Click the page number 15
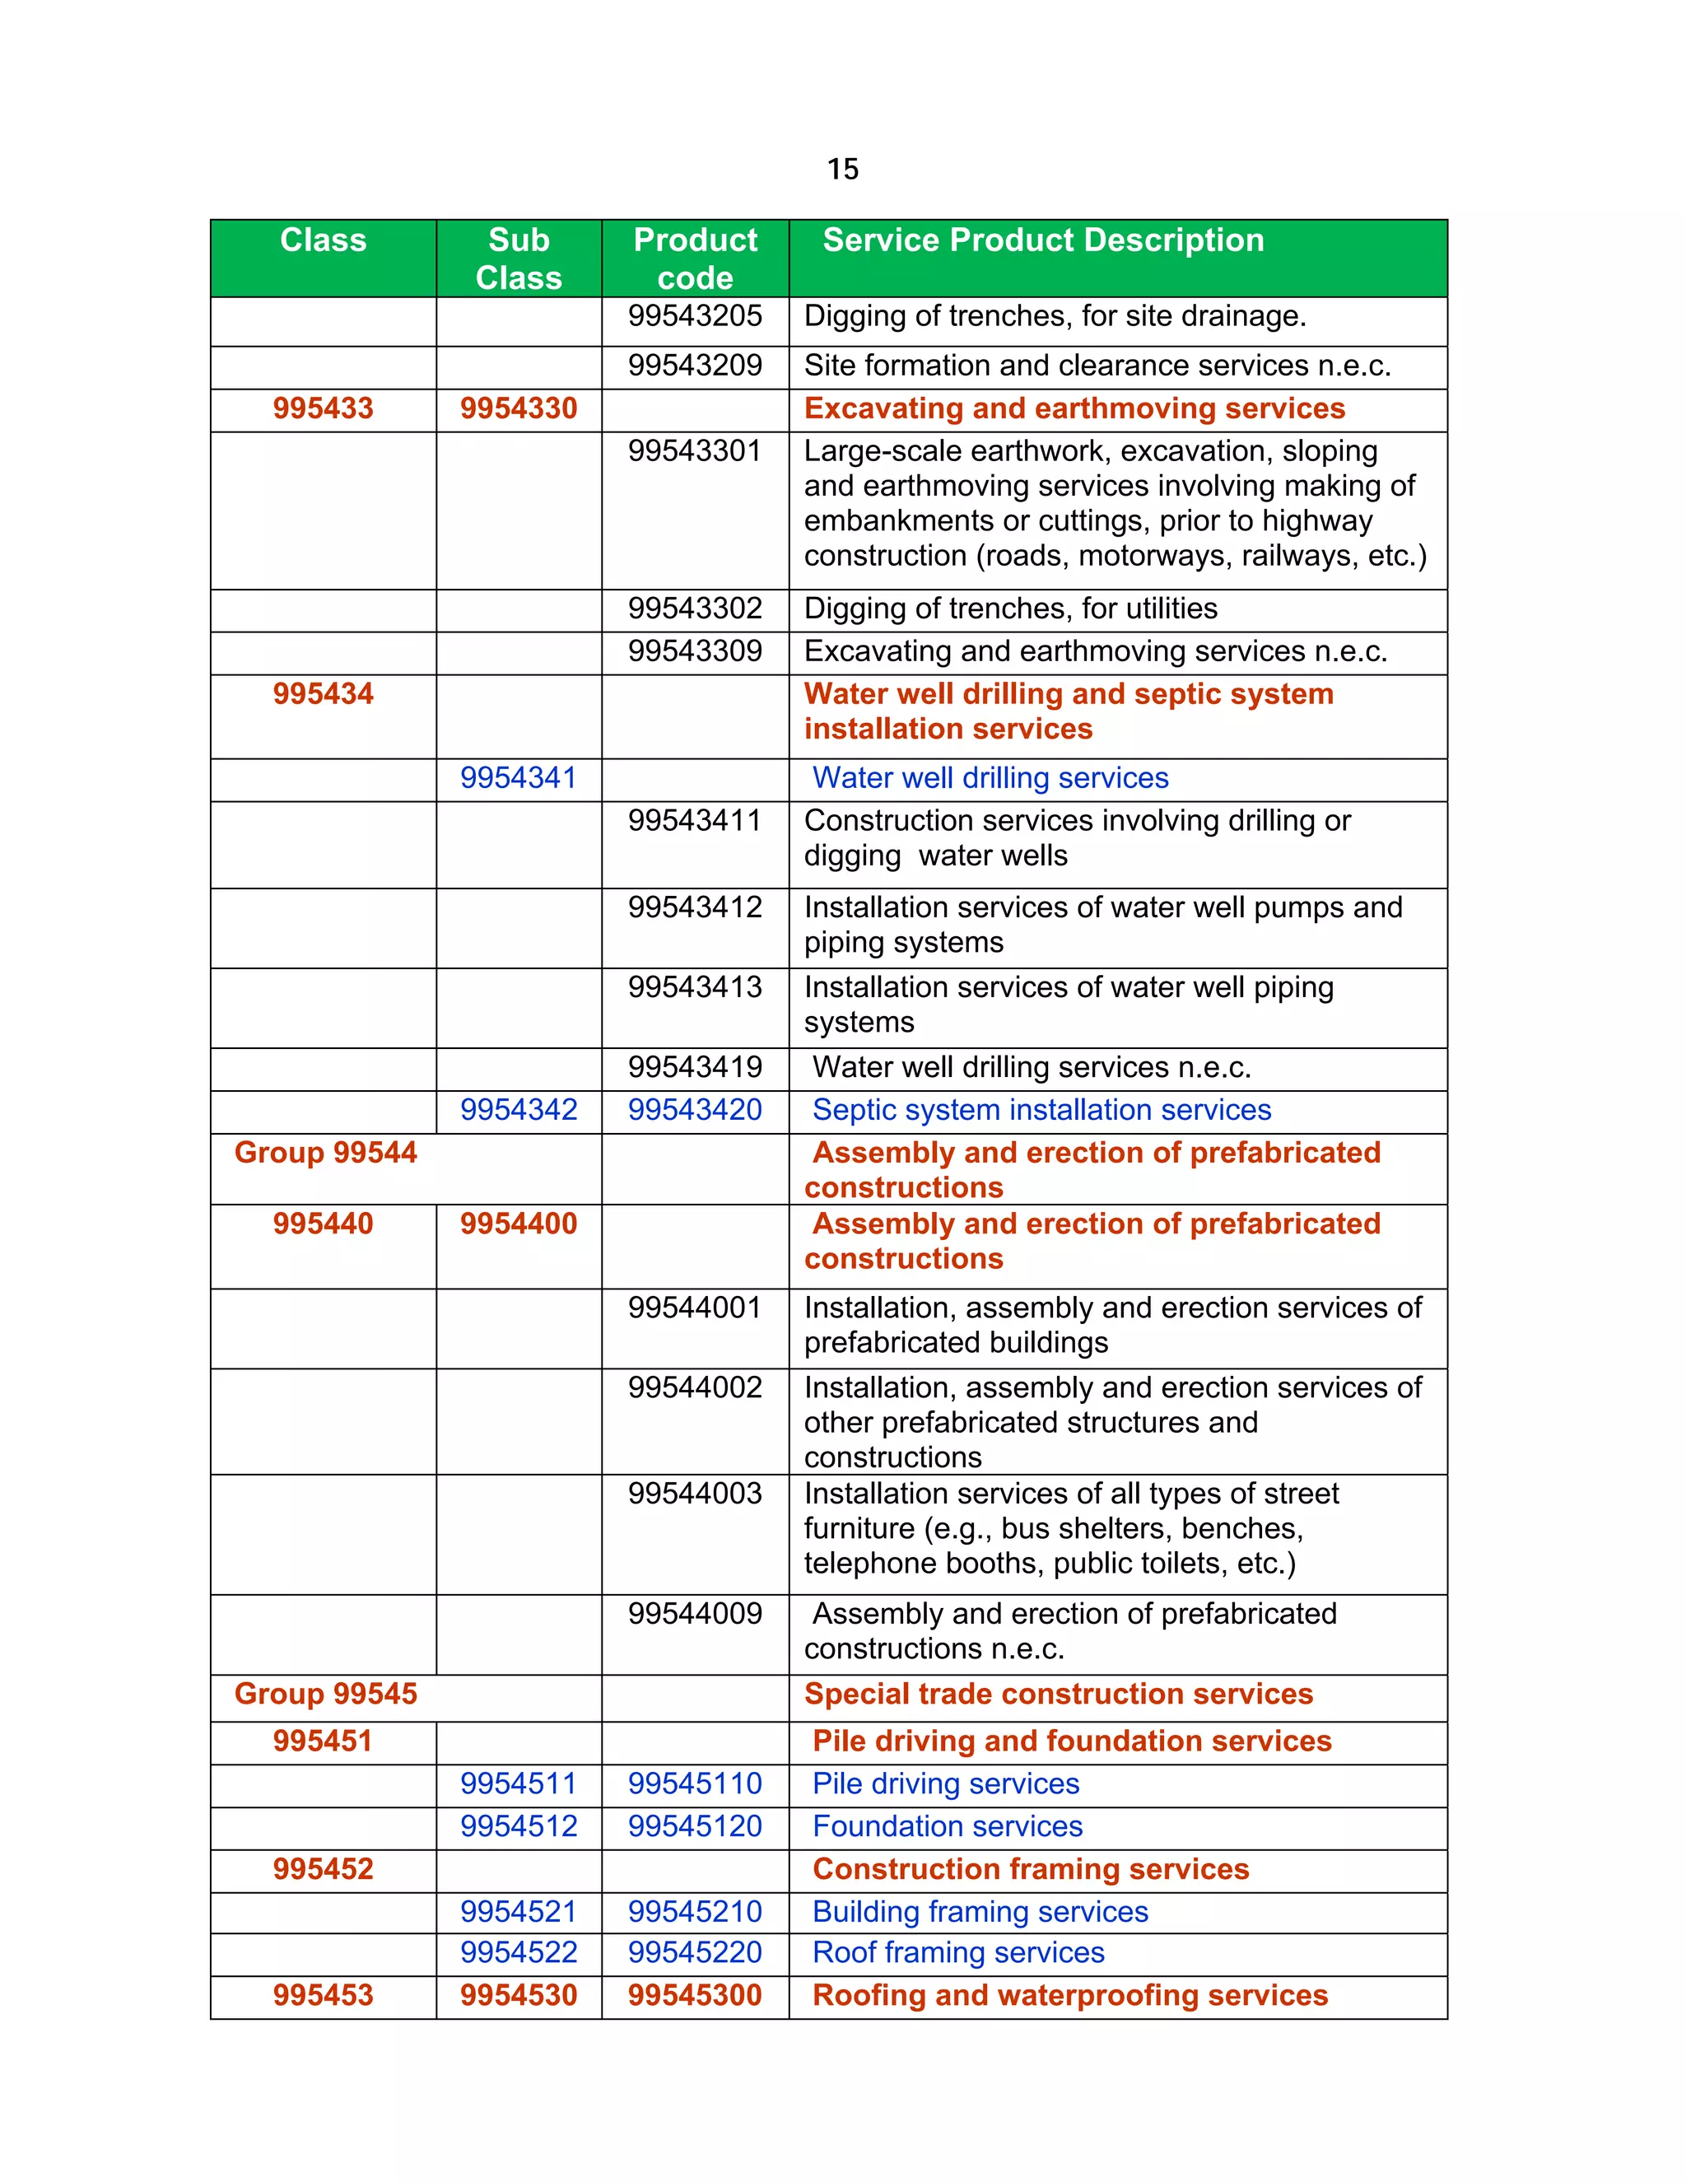[x=842, y=169]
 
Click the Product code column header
[x=695, y=259]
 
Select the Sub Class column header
[x=519, y=259]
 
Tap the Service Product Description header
[x=1043, y=240]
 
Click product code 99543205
[x=695, y=315]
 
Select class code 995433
[x=323, y=408]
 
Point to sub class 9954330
[x=519, y=408]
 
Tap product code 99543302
[x=695, y=608]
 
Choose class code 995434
[x=323, y=693]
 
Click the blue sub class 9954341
[x=519, y=777]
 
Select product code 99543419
[x=695, y=1067]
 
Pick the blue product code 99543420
[x=695, y=1110]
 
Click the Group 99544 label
[x=326, y=1153]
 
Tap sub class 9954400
[x=519, y=1224]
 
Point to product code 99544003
[x=695, y=1494]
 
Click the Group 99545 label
[x=326, y=1695]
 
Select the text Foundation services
[x=947, y=1826]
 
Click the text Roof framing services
[x=958, y=1952]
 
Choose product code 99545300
[x=695, y=1995]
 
